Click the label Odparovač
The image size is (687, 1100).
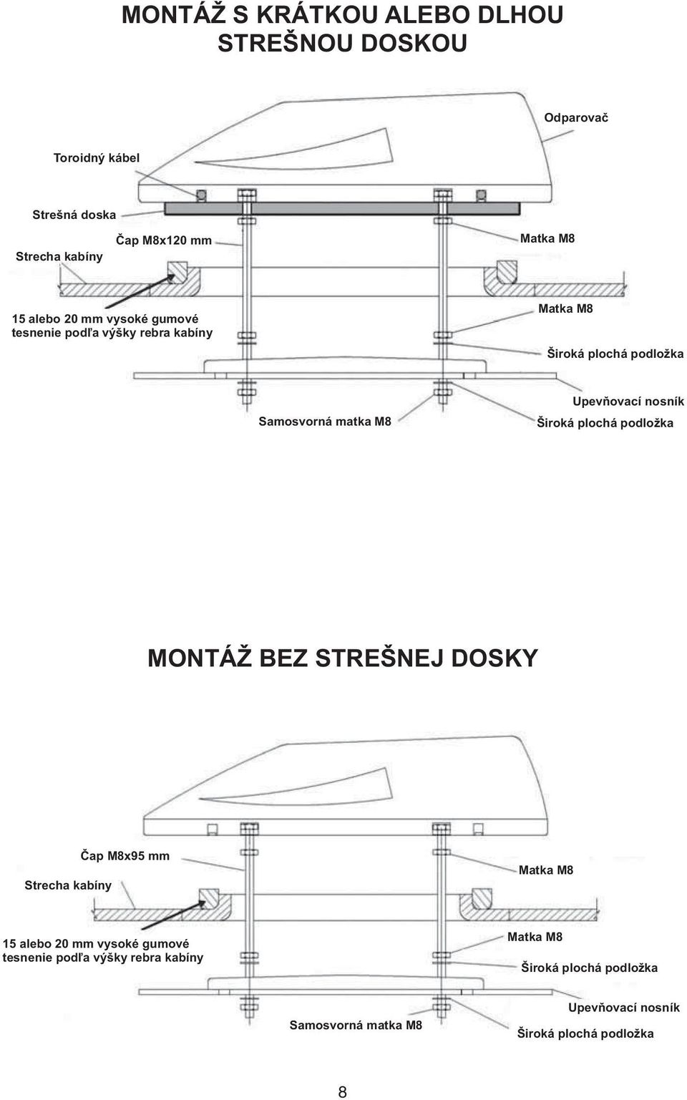pos(576,118)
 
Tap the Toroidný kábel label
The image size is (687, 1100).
pos(96,158)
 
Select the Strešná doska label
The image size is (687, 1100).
pos(74,215)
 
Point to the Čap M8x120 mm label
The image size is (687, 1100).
pos(164,240)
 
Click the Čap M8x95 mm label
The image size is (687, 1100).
pos(125,856)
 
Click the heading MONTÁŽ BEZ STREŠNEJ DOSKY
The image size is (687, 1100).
pos(343,658)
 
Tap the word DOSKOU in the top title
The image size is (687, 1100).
pos(414,43)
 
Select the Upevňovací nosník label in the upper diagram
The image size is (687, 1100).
pos(628,401)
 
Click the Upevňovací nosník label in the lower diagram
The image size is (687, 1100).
pos(623,1008)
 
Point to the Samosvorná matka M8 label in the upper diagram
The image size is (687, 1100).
pos(325,422)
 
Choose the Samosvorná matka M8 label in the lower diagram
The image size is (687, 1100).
pos(356,1025)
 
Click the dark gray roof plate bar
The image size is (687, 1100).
pos(342,209)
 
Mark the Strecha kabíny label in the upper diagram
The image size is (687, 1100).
pos(59,256)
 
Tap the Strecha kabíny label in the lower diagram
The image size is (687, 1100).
pos(68,885)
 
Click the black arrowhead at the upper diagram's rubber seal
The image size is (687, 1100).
pos(170,278)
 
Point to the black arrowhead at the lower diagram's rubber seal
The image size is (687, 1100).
pos(200,903)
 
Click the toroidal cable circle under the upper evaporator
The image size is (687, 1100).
pos(201,196)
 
